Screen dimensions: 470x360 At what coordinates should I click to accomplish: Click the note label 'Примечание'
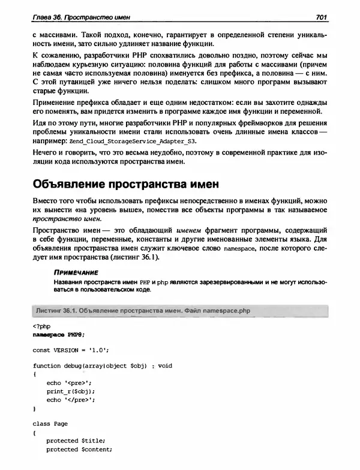(77, 271)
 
